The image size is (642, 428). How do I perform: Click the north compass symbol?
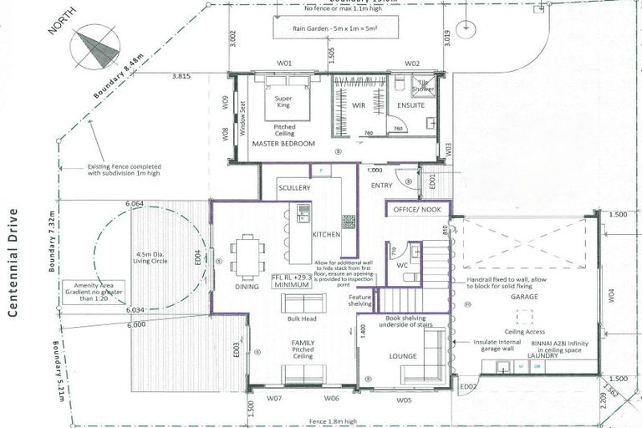(x=95, y=48)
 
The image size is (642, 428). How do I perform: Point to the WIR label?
(x=359, y=106)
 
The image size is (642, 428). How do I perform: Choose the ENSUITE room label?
(x=411, y=106)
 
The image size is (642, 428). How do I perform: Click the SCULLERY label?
(x=295, y=188)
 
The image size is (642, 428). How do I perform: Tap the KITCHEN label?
(x=326, y=235)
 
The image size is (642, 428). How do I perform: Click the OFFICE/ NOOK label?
(x=417, y=210)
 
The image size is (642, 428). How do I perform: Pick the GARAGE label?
(x=519, y=296)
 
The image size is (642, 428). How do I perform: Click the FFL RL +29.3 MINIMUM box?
(x=291, y=279)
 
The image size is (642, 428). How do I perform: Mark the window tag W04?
(x=610, y=294)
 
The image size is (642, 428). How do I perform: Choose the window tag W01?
(x=284, y=64)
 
